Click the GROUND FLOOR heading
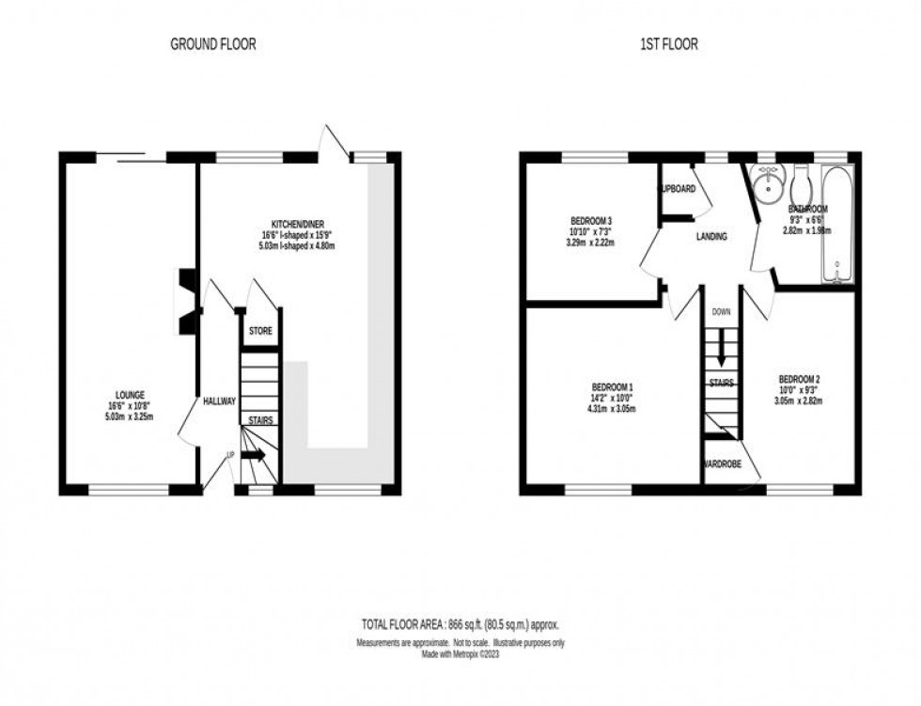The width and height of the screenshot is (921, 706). tap(213, 44)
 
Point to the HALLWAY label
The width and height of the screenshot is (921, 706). tap(219, 402)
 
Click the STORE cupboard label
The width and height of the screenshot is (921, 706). tap(260, 332)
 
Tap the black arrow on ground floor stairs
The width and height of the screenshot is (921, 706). tap(254, 456)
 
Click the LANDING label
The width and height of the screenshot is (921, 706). tap(711, 237)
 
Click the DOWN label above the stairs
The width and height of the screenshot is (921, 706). tap(721, 311)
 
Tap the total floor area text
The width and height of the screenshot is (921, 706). tap(460, 624)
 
